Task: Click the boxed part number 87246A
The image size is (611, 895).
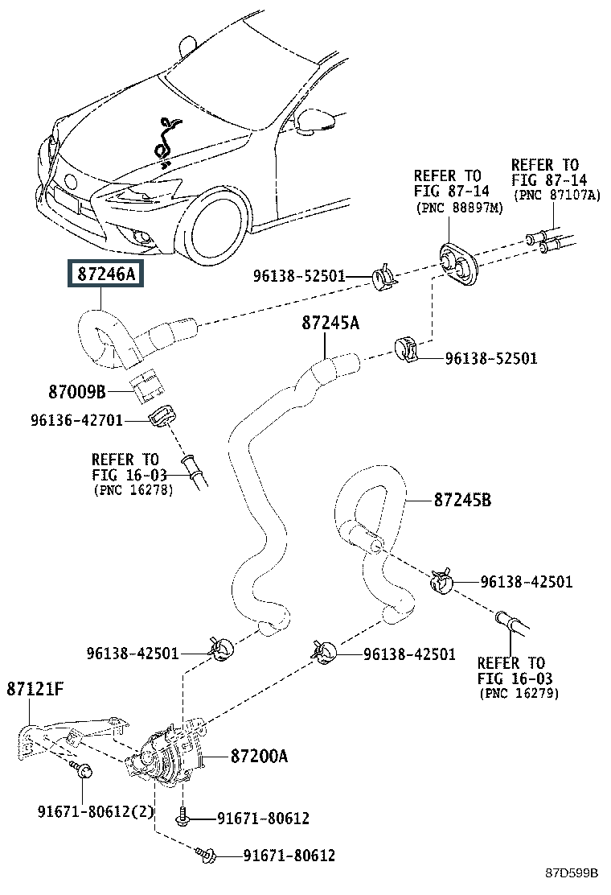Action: [105, 275]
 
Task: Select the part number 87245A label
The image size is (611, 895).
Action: [330, 324]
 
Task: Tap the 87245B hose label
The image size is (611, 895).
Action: [461, 501]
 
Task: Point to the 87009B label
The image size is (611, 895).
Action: [76, 392]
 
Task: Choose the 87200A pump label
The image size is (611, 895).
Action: [259, 757]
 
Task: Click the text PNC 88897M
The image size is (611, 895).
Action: [459, 208]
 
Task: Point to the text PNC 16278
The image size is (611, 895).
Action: [133, 489]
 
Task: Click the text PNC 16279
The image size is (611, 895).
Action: [519, 693]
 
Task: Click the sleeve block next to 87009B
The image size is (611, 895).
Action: [147, 386]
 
